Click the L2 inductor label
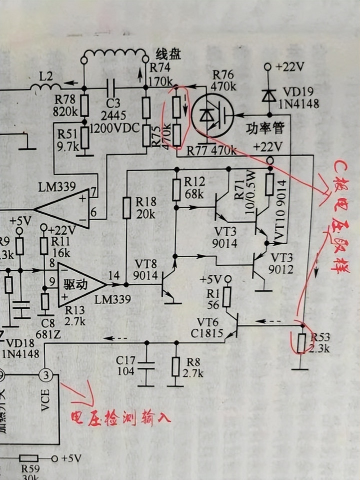tap(46, 77)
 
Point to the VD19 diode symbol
tap(268, 95)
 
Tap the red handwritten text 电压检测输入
tap(120, 417)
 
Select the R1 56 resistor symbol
tap(226, 298)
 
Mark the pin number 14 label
tap(114, 275)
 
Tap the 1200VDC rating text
tap(115, 127)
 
